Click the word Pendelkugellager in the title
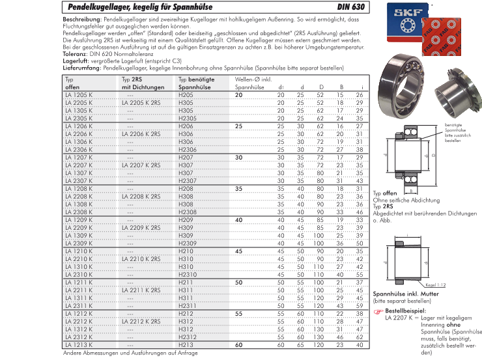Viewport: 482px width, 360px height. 97,8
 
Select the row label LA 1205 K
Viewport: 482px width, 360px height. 79,95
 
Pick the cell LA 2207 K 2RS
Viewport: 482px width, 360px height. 141,165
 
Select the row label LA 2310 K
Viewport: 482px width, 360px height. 79,274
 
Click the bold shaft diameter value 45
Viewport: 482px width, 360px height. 239,251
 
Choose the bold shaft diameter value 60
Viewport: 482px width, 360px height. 239,344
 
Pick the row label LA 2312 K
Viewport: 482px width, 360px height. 79,337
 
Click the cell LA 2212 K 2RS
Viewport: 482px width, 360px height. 141,321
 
